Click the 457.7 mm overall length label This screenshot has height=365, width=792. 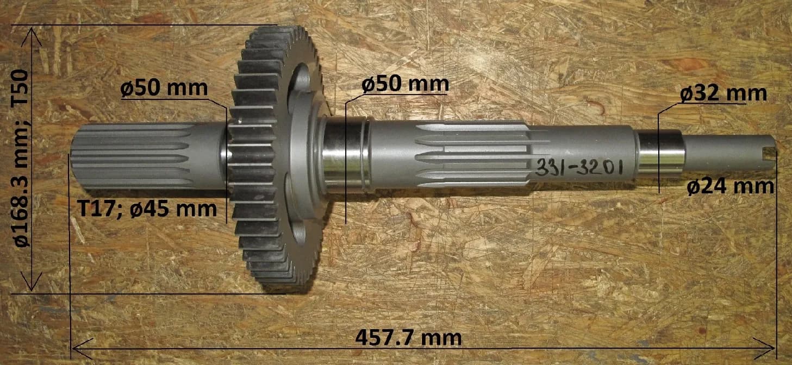point(408,338)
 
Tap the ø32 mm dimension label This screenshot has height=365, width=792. point(724,93)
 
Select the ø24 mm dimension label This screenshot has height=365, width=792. point(731,187)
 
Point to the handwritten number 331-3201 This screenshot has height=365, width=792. point(579,167)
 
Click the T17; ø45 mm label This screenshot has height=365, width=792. point(147,209)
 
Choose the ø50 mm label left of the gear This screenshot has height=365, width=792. point(164,88)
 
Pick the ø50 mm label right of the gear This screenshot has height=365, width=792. point(405,84)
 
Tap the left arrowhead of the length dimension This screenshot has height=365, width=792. point(82,348)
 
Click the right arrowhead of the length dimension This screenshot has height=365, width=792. point(765,348)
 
